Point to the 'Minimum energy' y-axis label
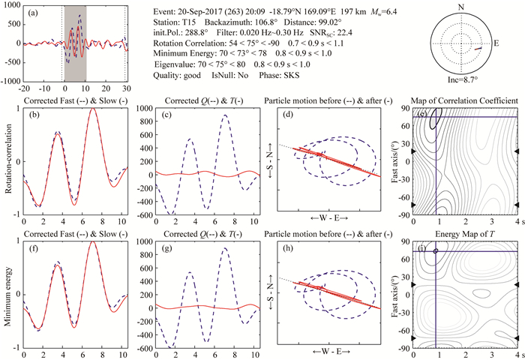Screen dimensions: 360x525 [x=8, y=293]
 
